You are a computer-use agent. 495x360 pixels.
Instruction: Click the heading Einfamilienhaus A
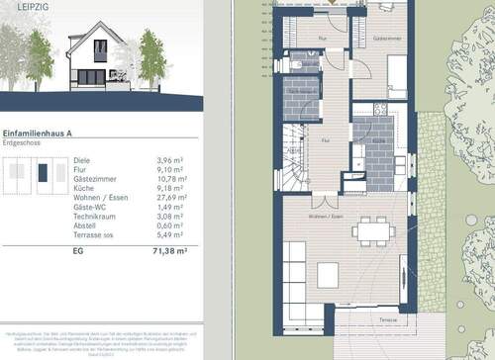point(45,132)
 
